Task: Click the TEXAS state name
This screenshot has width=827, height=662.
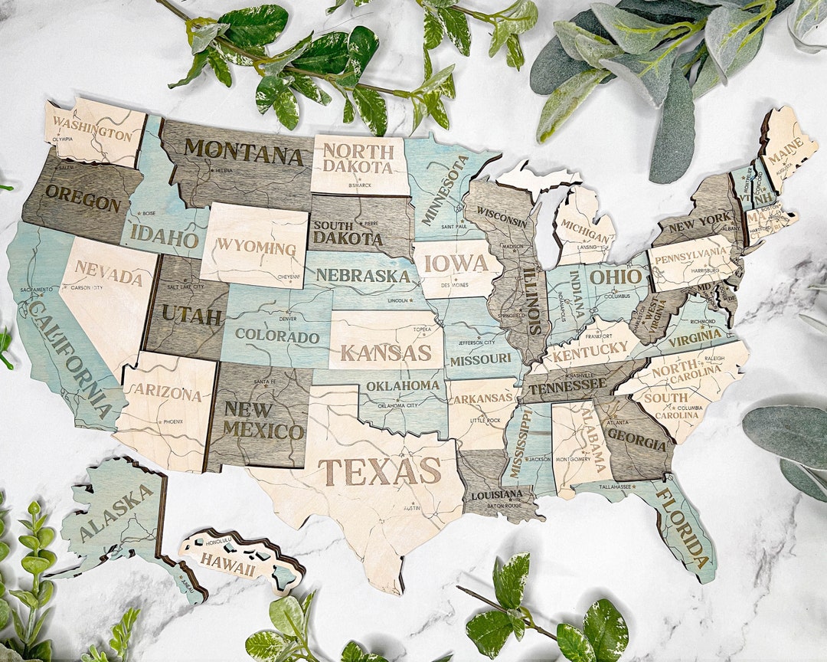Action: coord(379,471)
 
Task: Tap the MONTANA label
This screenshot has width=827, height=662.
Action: coord(244,152)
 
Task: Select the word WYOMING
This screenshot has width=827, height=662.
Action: coord(256,247)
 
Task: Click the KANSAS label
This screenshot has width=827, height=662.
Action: coord(386,352)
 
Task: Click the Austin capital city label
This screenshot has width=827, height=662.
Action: coord(411,508)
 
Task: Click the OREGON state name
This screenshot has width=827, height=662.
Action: coord(82,198)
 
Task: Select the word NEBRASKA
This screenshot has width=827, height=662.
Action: coord(363,275)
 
